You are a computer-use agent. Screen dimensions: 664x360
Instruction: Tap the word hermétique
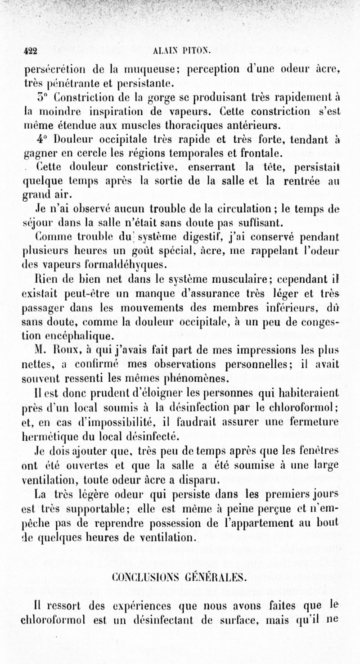[47, 436]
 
